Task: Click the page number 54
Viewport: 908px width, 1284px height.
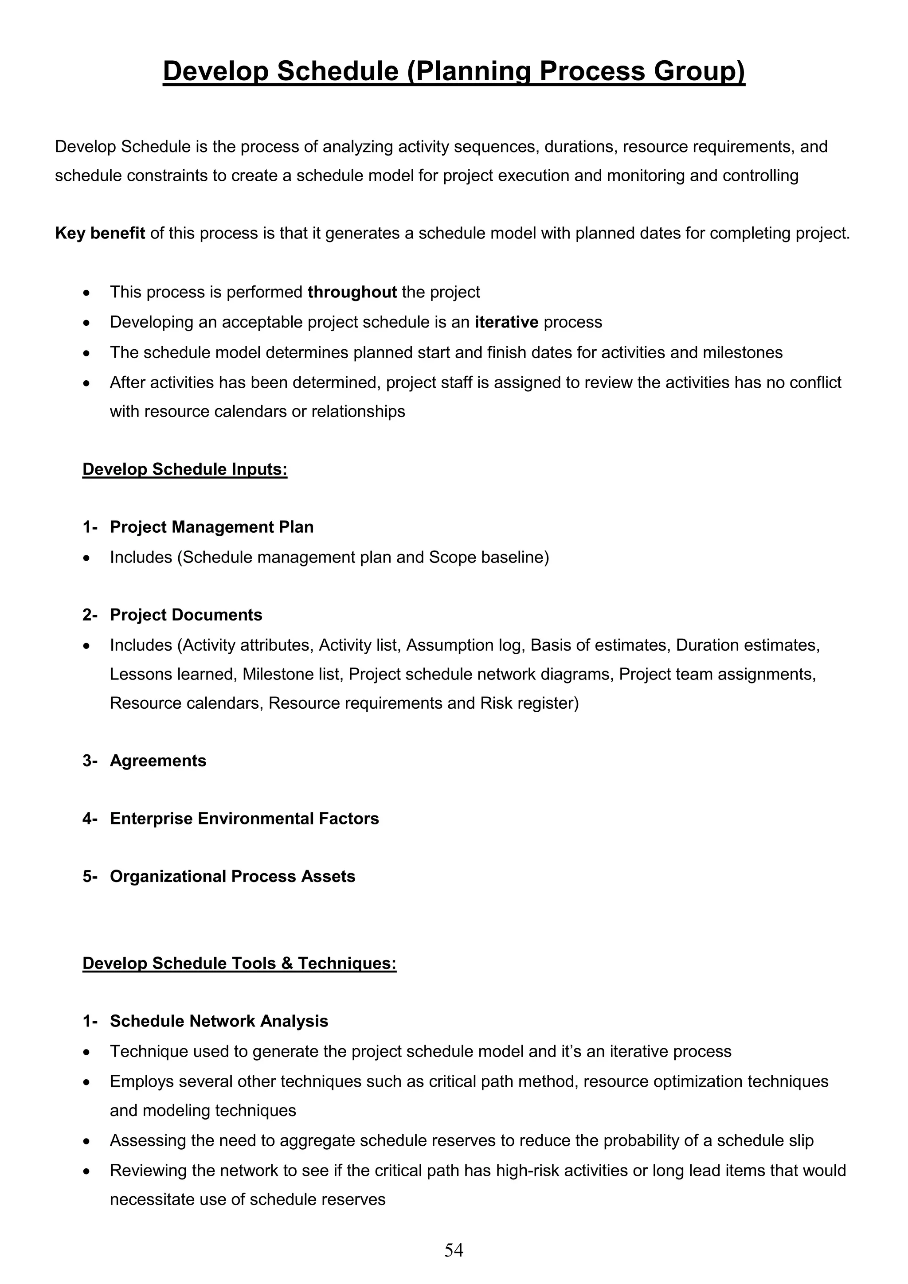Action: [454, 1249]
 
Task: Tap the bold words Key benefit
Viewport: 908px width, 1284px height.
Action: [100, 233]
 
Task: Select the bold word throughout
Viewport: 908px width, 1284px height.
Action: [352, 292]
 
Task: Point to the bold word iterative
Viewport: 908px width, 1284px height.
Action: [506, 322]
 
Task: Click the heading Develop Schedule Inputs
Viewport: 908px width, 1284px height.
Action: [184, 469]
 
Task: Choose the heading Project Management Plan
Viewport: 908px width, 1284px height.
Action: [211, 527]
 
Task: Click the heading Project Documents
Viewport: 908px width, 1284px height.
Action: [186, 615]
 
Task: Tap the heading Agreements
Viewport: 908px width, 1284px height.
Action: [158, 761]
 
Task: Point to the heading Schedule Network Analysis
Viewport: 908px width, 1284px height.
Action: [219, 1021]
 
